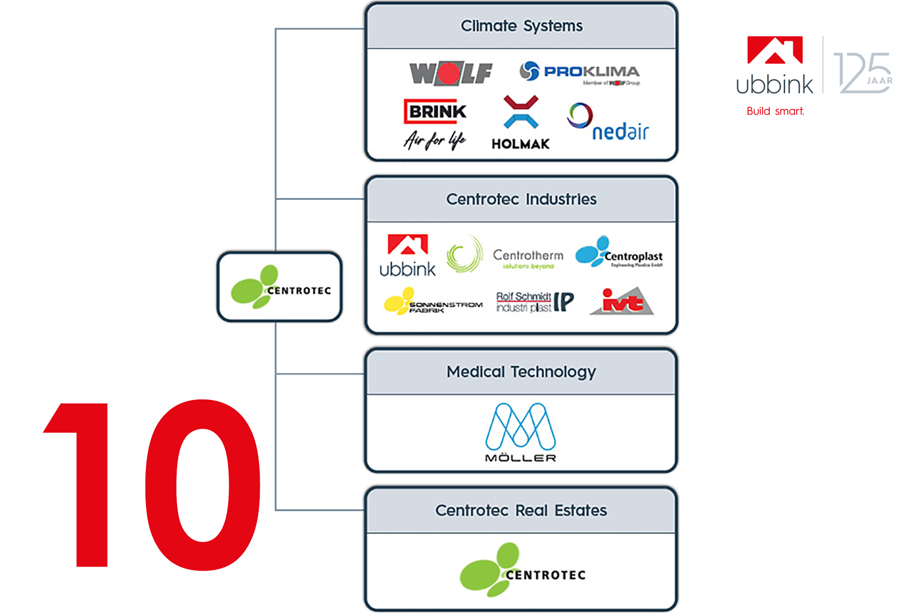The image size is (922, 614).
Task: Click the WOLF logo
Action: point(450,73)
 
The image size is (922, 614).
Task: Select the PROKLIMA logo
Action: point(580,72)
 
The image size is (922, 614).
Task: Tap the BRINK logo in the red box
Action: point(435,111)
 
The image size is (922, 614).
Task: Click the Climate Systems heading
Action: point(522,26)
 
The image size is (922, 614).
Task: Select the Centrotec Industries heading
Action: point(521,199)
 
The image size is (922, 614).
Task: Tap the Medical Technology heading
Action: point(521,372)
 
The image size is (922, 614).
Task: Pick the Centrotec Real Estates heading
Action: point(521,510)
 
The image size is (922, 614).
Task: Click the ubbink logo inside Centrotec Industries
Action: point(408,256)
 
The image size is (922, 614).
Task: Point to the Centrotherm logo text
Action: point(528,256)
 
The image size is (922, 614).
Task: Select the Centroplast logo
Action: point(619,252)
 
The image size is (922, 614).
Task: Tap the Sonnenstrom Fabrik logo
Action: point(433,302)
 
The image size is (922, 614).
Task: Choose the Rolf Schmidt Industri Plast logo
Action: point(534,302)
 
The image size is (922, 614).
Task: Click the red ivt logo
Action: point(622,301)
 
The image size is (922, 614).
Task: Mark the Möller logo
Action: point(521,432)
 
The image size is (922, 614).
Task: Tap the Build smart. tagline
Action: point(775,111)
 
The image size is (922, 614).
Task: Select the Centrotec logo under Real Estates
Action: point(522,570)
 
